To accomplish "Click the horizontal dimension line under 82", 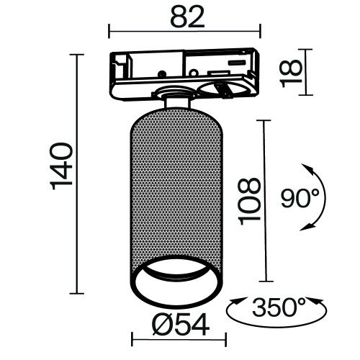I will click(184, 30).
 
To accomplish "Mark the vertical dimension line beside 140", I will click(77, 174).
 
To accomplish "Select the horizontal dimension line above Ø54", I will click(178, 339).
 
